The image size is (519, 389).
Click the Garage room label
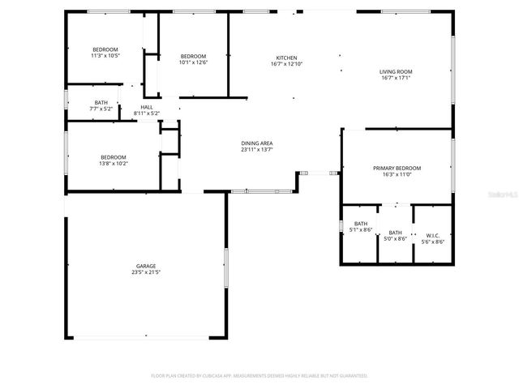(x=146, y=266)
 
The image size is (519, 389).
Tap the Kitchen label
(x=286, y=58)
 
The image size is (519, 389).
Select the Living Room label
(x=396, y=71)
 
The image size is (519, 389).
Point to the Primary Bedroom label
(x=397, y=168)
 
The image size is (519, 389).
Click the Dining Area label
(x=256, y=143)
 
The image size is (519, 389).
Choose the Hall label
(x=147, y=107)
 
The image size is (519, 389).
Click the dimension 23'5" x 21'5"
(x=146, y=272)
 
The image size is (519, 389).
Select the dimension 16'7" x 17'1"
(x=396, y=78)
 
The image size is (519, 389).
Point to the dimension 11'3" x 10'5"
(x=105, y=56)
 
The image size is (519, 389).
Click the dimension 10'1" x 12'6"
(x=194, y=62)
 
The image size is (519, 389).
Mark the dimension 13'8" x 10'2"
(x=114, y=164)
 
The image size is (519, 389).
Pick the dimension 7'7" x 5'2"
(x=101, y=109)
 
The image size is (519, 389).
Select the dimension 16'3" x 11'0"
(x=397, y=174)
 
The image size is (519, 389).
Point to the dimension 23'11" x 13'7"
(x=256, y=149)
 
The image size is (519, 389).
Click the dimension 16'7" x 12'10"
(x=286, y=64)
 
